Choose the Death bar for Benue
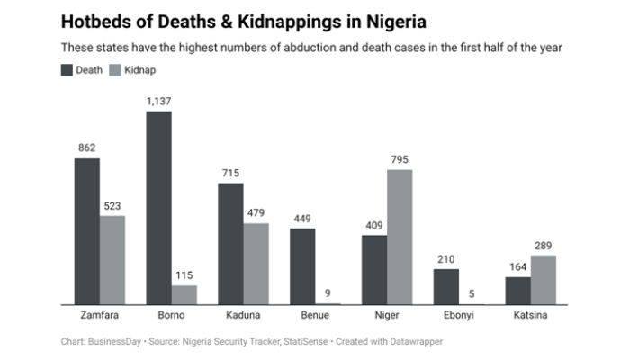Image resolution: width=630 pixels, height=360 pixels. click(x=302, y=266)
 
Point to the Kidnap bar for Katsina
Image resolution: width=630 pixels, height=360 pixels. click(x=544, y=280)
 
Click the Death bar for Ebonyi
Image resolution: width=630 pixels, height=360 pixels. click(x=446, y=287)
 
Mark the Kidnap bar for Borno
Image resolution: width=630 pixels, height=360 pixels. click(x=184, y=295)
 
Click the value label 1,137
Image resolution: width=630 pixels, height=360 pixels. click(x=159, y=102)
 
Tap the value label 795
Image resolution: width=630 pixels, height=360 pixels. click(x=400, y=159)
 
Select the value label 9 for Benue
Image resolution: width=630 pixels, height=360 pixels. click(x=328, y=292)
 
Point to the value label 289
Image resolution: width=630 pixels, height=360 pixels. click(x=544, y=246)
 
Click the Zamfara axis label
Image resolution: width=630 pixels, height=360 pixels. click(x=100, y=316)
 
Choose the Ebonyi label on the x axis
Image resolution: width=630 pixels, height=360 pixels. click(x=459, y=316)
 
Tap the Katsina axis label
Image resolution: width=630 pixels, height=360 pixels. click(x=531, y=316)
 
